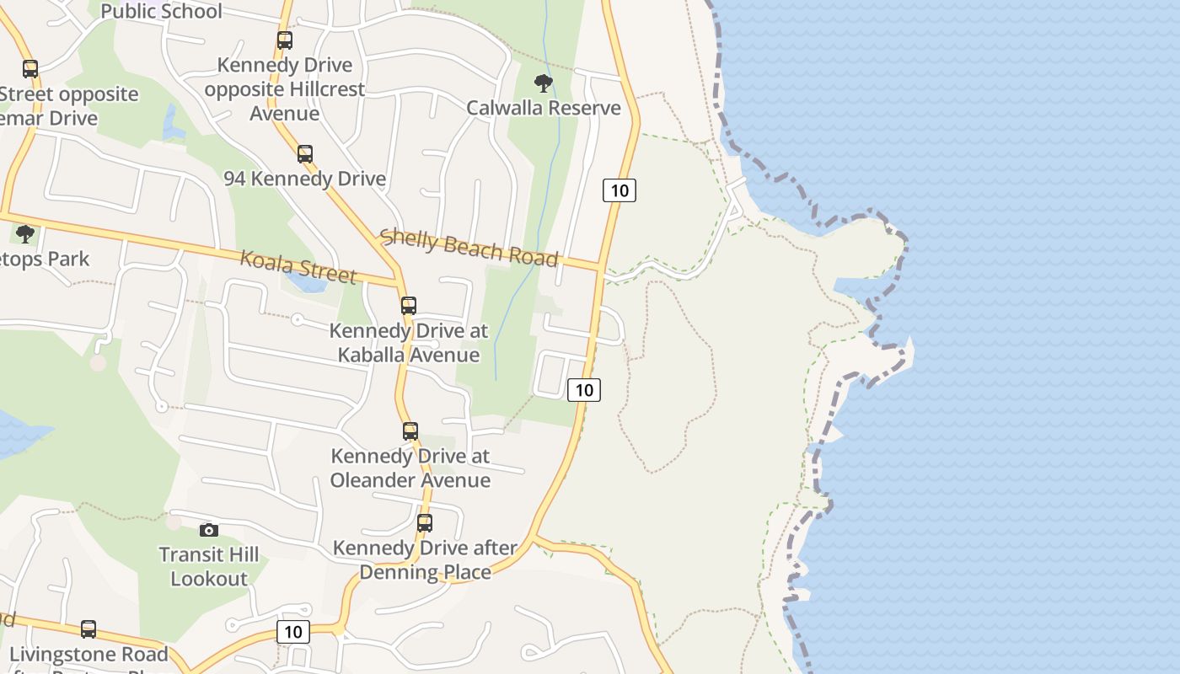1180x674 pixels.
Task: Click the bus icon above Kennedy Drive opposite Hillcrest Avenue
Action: tap(285, 40)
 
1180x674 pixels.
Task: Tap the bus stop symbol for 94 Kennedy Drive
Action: tap(305, 154)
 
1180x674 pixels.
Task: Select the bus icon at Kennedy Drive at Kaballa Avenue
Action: tap(409, 306)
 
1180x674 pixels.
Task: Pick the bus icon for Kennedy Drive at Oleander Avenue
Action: tap(410, 431)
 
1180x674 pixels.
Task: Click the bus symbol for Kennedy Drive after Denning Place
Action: tap(425, 523)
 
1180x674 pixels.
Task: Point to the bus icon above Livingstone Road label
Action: tap(88, 629)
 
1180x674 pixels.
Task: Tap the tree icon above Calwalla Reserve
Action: tap(544, 83)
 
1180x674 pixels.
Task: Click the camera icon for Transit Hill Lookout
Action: tap(209, 530)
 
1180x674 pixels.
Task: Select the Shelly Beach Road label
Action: tap(469, 247)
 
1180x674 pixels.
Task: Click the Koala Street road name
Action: tap(298, 266)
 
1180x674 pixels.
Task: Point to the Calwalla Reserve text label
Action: tap(544, 108)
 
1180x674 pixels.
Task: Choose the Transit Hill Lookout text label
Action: tap(209, 567)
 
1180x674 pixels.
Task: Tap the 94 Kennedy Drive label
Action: tap(305, 179)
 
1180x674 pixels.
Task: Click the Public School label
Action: tap(161, 11)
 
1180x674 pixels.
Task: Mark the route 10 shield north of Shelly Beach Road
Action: tap(619, 190)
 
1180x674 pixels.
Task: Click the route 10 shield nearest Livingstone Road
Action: tap(293, 632)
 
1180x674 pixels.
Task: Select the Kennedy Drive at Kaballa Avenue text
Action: tap(409, 343)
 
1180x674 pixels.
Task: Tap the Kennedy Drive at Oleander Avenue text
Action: tap(410, 468)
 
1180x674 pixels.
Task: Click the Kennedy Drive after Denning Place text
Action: tap(425, 560)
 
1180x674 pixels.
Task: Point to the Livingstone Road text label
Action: tap(88, 654)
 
